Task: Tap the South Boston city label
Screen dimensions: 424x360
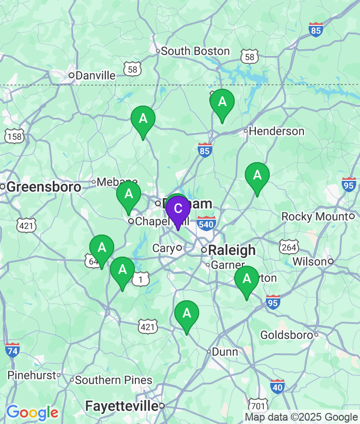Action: tap(195, 51)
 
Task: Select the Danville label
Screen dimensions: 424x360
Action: tap(96, 75)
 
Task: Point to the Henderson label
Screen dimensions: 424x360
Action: tap(276, 131)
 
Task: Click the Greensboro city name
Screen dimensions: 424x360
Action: tap(44, 187)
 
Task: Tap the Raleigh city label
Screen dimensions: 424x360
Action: tap(232, 250)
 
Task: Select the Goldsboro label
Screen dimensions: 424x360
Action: tap(287, 335)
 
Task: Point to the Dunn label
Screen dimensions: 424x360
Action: tap(225, 352)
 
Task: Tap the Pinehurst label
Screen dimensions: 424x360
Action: tap(32, 375)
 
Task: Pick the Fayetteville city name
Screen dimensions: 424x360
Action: tap(121, 406)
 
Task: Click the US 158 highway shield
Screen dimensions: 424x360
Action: tap(14, 136)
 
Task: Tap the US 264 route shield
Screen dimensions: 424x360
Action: tap(289, 247)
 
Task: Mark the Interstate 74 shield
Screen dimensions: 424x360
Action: tap(12, 350)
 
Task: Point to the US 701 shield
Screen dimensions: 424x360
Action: tap(258, 405)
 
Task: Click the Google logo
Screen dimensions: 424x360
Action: tap(32, 412)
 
